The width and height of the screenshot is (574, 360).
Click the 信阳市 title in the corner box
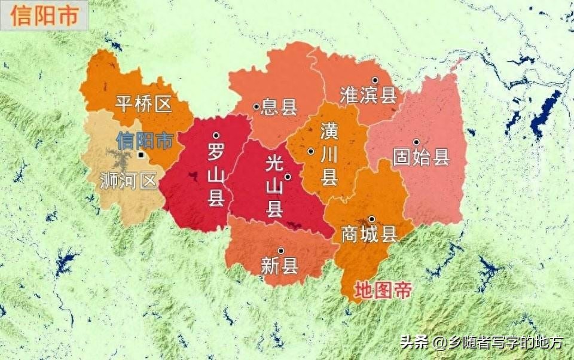pyautogui.click(x=44, y=16)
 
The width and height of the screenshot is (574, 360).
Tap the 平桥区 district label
pyautogui.click(x=143, y=104)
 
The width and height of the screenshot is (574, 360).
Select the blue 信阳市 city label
pyautogui.click(x=145, y=141)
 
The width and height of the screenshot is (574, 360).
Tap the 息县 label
pyautogui.click(x=280, y=108)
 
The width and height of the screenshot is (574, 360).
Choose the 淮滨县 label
pyautogui.click(x=368, y=94)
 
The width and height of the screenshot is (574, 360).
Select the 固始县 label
pyautogui.click(x=421, y=158)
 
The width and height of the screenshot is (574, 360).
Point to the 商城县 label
pyautogui.click(x=369, y=234)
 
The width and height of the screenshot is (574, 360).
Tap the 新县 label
pyautogui.click(x=280, y=266)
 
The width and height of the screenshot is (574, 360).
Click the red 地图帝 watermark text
pyautogui.click(x=383, y=291)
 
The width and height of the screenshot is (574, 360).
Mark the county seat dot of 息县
pyautogui.click(x=257, y=107)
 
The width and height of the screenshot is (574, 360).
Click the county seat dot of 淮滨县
pyautogui.click(x=375, y=80)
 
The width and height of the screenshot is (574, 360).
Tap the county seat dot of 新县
pyautogui.click(x=280, y=251)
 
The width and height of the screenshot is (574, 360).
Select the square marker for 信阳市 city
pyautogui.click(x=140, y=155)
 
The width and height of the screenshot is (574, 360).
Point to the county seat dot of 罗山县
pyautogui.click(x=216, y=136)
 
